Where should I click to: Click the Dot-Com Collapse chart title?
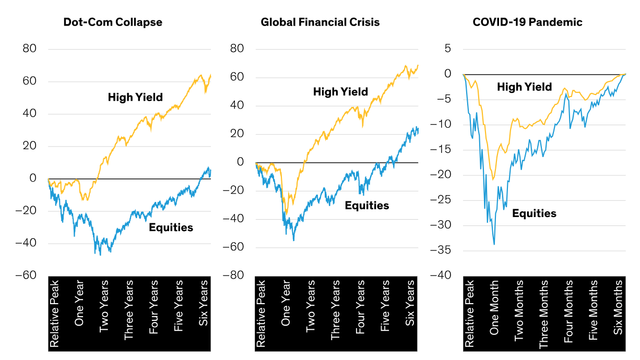point(112,22)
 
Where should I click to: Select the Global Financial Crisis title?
point(320,22)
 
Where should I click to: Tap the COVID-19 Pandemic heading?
point(527,22)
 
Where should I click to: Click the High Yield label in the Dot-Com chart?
point(135,97)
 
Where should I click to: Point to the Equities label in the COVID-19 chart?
point(534,213)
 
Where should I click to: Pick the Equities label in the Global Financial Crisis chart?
point(367,205)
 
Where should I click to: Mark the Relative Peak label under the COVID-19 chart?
point(469,313)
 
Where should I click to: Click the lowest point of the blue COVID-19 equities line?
point(494,244)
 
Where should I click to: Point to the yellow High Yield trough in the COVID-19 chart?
point(493,179)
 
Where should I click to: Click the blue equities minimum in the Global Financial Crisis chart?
point(293,240)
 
